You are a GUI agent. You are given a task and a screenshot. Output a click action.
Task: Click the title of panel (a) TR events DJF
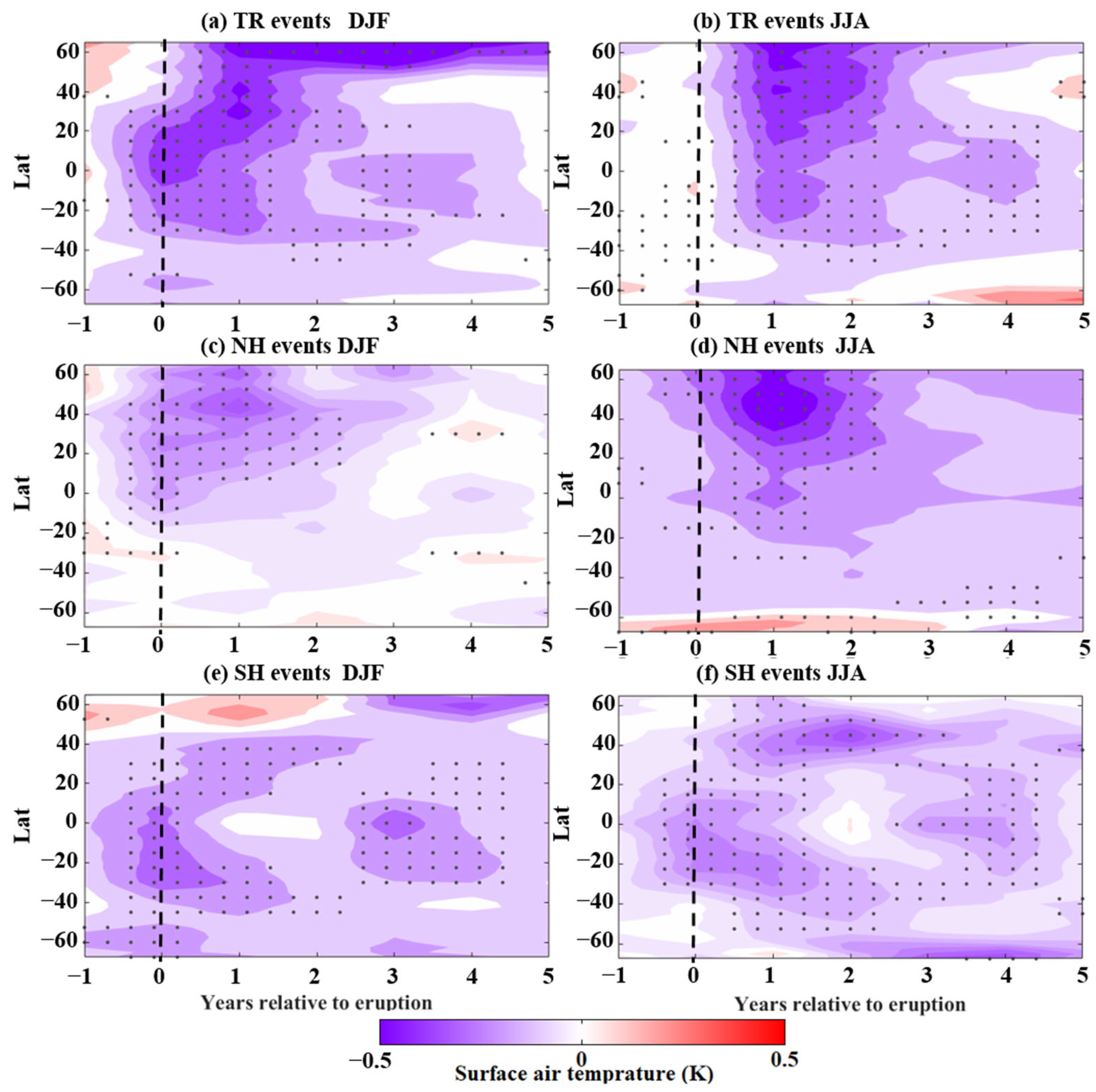point(295,21)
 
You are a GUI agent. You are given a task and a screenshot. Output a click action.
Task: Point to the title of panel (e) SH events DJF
point(293,673)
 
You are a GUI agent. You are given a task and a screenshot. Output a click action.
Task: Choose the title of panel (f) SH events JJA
point(779,673)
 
